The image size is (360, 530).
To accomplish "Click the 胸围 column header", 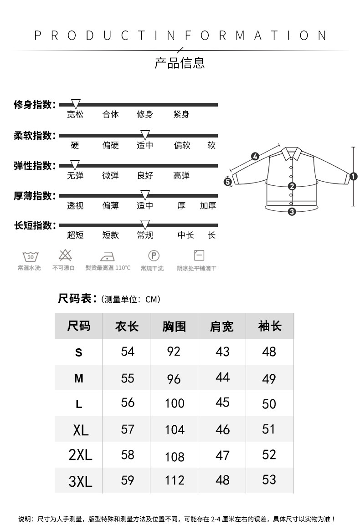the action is click(x=174, y=326).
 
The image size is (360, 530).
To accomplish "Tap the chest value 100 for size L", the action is click(x=175, y=403).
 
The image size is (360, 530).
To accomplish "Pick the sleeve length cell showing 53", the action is click(x=269, y=479).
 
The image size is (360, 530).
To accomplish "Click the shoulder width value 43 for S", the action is click(x=222, y=352).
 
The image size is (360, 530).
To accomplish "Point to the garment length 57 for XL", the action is click(x=128, y=429).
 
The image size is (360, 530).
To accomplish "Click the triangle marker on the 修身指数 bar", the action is click(x=76, y=104).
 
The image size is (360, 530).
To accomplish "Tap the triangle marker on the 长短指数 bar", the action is click(x=145, y=224).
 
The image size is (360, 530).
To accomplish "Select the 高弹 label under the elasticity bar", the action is click(x=181, y=176).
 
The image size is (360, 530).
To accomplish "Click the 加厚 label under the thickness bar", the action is click(x=208, y=206).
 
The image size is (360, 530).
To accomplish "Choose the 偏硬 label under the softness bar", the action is click(x=110, y=146).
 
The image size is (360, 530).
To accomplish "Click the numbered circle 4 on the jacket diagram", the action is click(x=255, y=157).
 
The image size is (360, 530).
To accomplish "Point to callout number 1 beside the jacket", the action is click(x=353, y=176).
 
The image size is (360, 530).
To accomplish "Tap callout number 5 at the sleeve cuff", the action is click(x=228, y=182).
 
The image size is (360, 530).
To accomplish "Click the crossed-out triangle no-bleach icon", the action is click(x=64, y=255).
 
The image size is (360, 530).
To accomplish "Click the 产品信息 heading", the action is click(x=180, y=63).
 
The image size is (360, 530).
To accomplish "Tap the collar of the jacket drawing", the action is click(x=292, y=153).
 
